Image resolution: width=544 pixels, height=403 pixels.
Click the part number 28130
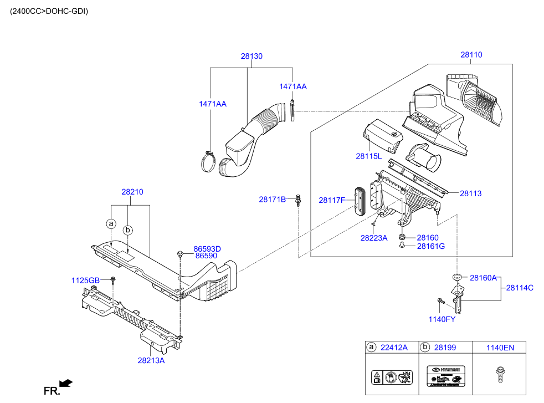tap(252, 57)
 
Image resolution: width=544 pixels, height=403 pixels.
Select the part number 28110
tap(471, 55)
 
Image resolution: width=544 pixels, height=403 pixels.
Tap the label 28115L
tap(369, 157)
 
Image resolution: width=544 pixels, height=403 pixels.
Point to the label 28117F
tap(332, 200)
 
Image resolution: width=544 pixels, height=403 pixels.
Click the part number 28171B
tap(273, 199)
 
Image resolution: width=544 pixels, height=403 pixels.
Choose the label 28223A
tap(374, 238)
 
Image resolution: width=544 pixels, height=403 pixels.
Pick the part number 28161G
tap(431, 246)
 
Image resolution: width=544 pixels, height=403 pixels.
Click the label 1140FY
tap(442, 319)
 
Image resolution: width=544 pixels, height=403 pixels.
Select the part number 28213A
tap(151, 360)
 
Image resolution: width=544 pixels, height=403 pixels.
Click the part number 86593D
tap(207, 249)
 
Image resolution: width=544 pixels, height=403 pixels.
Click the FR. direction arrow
tap(65, 382)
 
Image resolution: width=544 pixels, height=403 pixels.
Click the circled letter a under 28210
tap(111, 223)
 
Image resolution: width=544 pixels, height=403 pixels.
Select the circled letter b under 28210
tap(128, 229)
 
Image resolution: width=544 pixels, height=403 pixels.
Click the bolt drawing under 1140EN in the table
tap(500, 375)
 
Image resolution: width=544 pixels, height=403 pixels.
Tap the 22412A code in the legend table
tap(394, 348)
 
